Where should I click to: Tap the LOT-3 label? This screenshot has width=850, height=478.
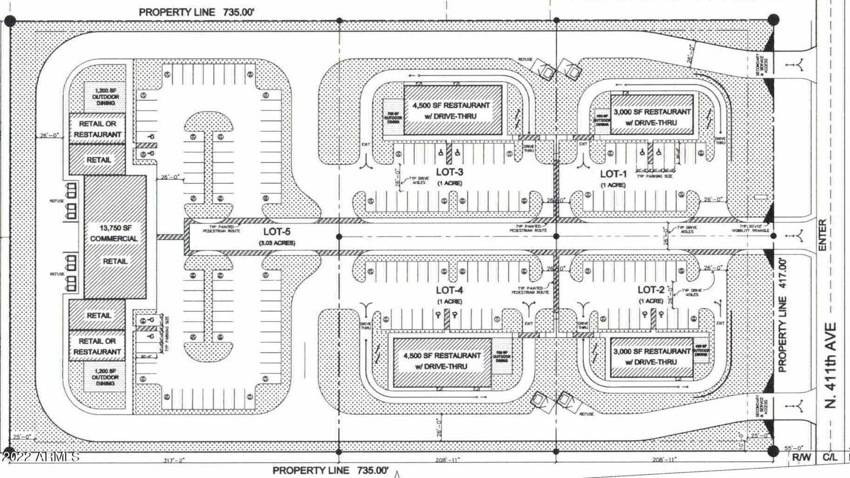pos(450,172)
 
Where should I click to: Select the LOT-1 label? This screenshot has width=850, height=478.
pos(614,174)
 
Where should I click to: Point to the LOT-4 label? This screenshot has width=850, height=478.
pos(450,290)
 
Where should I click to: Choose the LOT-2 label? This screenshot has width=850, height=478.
pos(651,289)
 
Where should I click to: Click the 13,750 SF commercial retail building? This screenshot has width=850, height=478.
pos(114,237)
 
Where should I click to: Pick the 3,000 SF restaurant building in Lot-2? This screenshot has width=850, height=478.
pos(652,357)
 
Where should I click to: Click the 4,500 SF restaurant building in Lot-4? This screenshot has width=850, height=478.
pos(442,361)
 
